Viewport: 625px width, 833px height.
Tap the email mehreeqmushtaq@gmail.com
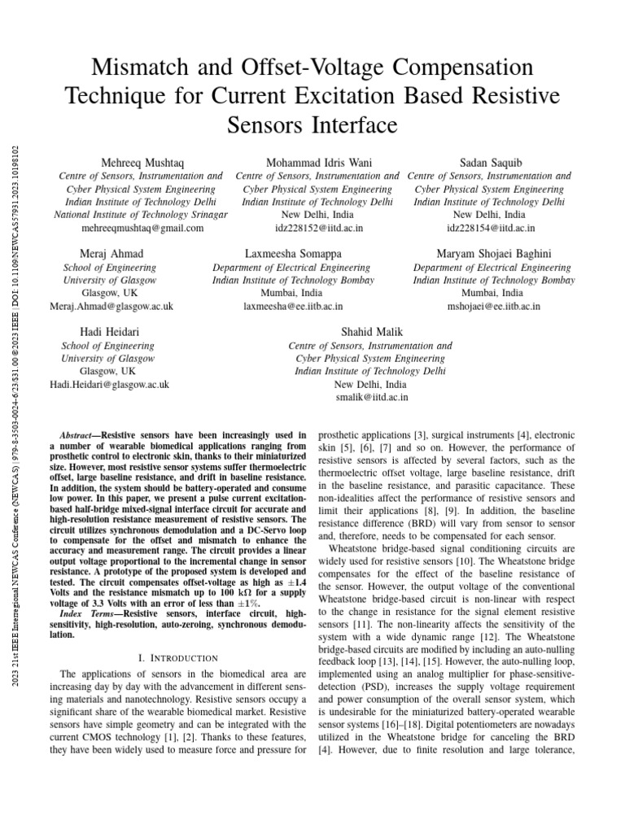point(140,229)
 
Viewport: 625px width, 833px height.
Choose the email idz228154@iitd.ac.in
point(488,229)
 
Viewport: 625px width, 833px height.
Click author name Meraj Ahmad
point(111,254)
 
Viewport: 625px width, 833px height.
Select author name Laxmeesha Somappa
point(293,254)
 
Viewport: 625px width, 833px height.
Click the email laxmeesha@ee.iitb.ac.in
point(293,306)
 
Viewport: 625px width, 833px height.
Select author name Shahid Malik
point(370,332)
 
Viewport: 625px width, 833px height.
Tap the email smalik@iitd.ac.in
point(370,397)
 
